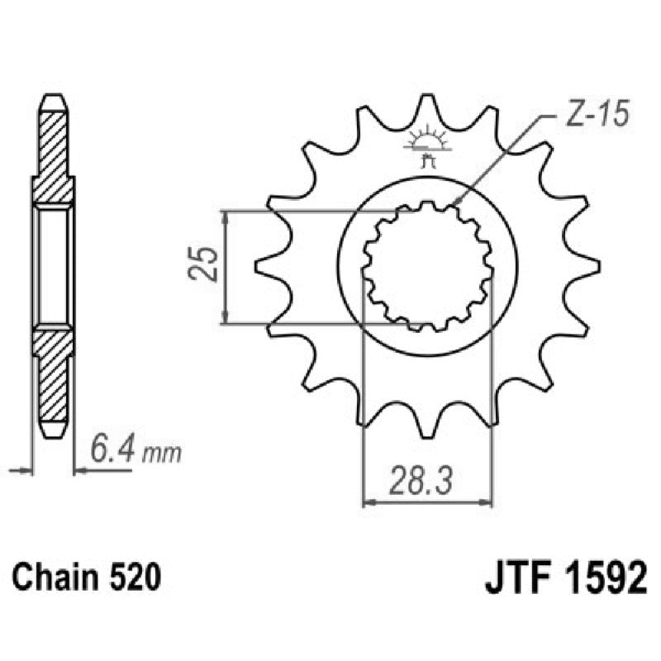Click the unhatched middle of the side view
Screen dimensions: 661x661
pyautogui.click(x=53, y=266)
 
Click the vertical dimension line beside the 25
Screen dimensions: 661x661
pyautogui.click(x=226, y=266)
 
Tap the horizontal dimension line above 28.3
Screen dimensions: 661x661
pyautogui.click(x=427, y=501)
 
